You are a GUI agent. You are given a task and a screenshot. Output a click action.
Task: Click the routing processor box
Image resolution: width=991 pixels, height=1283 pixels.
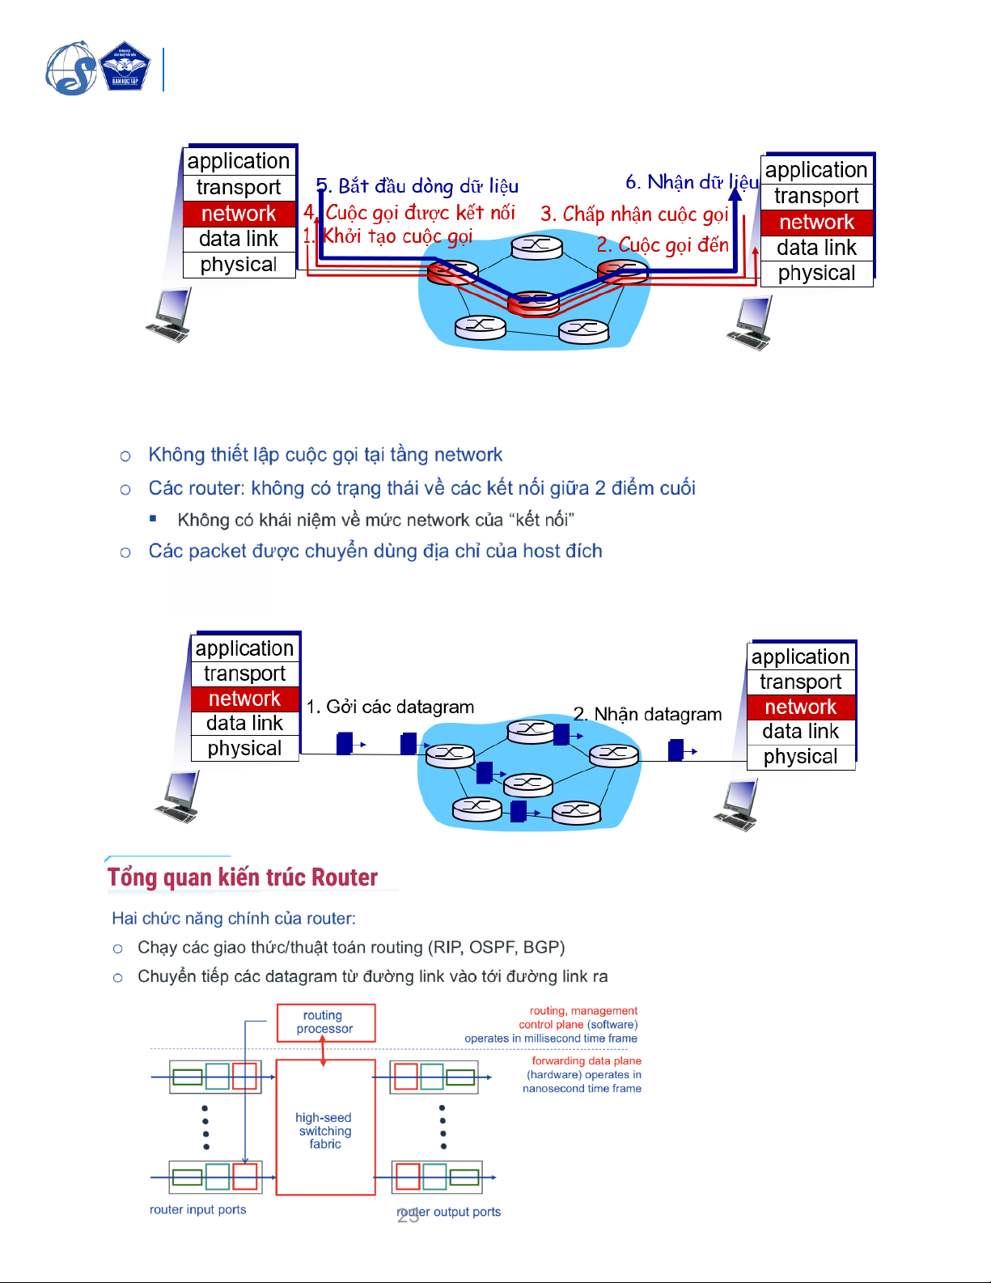click(x=325, y=1022)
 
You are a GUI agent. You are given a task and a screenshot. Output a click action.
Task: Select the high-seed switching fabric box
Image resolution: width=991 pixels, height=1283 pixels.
click(x=325, y=1130)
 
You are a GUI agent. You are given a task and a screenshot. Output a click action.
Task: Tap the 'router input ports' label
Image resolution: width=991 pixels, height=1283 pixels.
click(x=197, y=1209)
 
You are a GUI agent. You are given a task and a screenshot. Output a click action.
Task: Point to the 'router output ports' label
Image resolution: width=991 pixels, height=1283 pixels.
click(x=450, y=1212)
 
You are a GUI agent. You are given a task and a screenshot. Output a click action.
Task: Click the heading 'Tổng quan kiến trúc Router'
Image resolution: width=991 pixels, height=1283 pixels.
click(x=243, y=877)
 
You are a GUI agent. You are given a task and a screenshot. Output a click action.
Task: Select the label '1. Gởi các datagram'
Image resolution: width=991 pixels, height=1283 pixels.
click(x=390, y=707)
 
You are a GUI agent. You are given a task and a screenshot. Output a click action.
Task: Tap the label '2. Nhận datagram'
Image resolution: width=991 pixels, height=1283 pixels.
click(x=647, y=714)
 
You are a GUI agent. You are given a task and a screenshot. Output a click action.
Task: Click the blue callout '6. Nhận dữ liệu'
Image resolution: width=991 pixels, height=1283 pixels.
click(x=692, y=182)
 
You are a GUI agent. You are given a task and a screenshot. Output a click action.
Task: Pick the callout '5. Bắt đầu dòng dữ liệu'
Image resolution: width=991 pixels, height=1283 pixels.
click(x=417, y=186)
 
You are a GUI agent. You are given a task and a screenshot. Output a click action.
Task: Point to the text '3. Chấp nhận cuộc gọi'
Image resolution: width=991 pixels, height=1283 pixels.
click(x=634, y=214)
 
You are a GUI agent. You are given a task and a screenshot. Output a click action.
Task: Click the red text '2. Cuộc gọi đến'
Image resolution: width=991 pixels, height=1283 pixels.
click(x=663, y=244)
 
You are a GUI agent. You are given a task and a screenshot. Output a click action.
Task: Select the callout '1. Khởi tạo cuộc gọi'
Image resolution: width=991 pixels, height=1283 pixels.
click(x=388, y=236)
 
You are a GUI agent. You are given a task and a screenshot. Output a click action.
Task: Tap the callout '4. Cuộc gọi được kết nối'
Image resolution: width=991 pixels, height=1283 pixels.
click(x=409, y=212)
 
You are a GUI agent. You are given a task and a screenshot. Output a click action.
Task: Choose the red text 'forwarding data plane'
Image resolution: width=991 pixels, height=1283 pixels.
click(x=586, y=1060)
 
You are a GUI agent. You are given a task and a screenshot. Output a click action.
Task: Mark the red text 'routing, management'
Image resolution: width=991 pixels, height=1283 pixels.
click(x=583, y=1010)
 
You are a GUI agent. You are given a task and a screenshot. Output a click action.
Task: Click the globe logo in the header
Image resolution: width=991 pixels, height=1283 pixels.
click(x=71, y=69)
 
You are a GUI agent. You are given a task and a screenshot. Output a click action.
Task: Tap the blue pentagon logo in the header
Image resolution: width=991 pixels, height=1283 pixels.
click(x=125, y=67)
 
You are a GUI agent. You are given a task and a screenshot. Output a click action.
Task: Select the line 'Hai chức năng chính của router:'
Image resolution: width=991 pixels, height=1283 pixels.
click(x=234, y=918)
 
